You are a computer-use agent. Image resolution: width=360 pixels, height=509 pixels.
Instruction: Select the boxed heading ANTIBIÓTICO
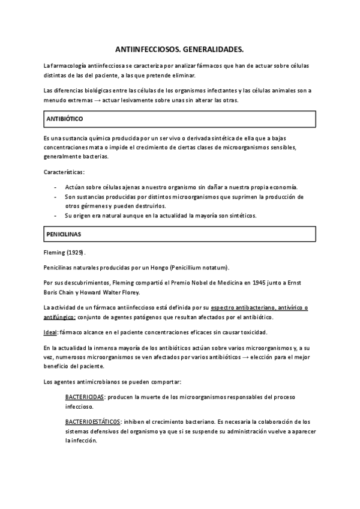point(65,119)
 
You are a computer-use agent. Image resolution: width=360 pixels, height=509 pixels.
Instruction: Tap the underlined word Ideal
point(50,333)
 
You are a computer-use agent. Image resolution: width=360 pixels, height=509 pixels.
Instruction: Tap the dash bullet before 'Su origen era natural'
point(56,215)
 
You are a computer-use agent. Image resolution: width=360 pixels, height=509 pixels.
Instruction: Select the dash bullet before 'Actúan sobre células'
point(56,187)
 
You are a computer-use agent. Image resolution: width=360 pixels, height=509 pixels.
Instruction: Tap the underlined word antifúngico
point(59,317)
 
